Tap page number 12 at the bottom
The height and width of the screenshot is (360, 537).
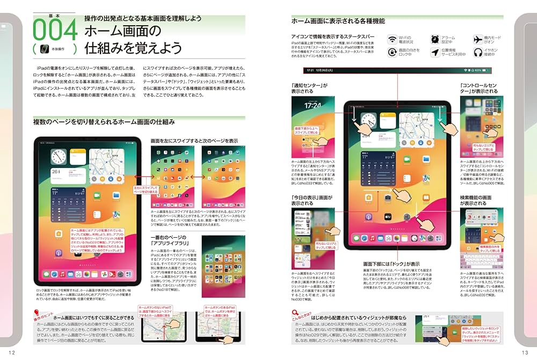point(12,351)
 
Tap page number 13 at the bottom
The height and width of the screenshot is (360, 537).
point(525,351)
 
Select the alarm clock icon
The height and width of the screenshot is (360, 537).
point(435,40)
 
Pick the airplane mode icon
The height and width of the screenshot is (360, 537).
point(478,40)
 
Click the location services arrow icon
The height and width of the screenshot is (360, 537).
point(435,53)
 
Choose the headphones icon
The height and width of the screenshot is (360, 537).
point(478,53)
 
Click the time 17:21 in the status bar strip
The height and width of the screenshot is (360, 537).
point(310,70)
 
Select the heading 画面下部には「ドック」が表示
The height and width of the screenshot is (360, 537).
point(391,264)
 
